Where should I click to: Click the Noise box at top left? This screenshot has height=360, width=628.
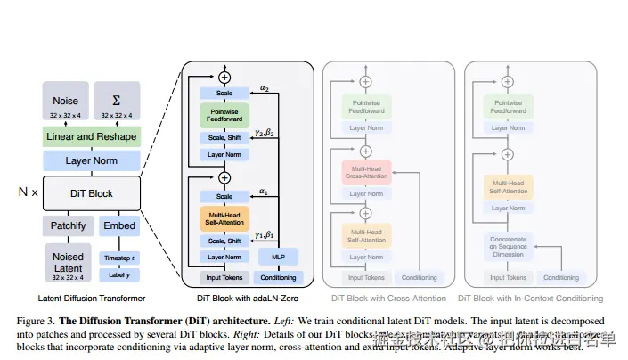(x=65, y=105)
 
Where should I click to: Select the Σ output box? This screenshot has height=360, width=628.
(x=117, y=105)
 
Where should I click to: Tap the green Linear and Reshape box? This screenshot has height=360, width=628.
(x=91, y=136)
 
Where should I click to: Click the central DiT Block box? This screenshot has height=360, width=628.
(x=91, y=192)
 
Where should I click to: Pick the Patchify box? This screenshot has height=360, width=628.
(x=67, y=225)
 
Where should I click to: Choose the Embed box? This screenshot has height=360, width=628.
(x=118, y=225)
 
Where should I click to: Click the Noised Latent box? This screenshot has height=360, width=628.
(x=67, y=262)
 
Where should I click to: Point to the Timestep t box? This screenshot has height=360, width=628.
(x=118, y=256)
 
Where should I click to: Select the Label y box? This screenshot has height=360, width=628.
(x=118, y=274)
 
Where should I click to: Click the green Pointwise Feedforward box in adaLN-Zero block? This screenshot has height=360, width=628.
(x=224, y=116)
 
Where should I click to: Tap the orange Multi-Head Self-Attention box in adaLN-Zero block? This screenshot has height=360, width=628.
(x=224, y=218)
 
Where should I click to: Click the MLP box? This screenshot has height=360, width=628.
(x=278, y=256)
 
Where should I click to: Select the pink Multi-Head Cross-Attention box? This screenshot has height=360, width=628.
(x=366, y=172)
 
